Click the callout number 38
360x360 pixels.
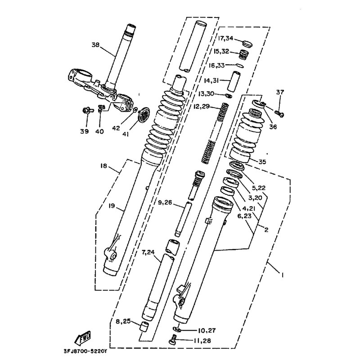tap(95, 45)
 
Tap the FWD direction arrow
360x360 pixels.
tap(83, 337)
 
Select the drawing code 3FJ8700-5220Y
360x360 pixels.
tap(85, 351)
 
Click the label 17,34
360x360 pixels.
tap(225, 38)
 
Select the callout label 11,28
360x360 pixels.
tap(202, 341)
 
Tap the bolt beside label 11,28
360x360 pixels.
tap(174, 339)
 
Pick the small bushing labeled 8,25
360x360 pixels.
tap(144, 327)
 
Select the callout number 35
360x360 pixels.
tap(262, 162)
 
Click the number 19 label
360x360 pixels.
tap(112, 206)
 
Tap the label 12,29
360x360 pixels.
tap(202, 107)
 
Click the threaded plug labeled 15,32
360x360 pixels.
tap(244, 54)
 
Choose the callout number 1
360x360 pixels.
tap(282, 274)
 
